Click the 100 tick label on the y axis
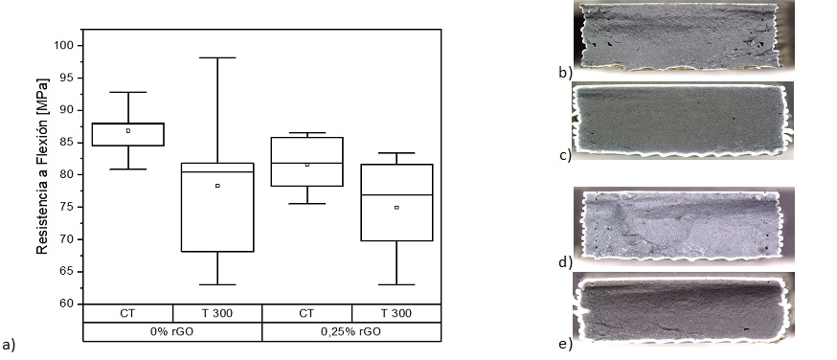(x=63, y=45)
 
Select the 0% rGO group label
(x=171, y=331)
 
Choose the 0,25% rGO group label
(x=351, y=331)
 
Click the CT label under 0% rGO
(x=127, y=313)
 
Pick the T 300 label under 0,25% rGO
(x=396, y=313)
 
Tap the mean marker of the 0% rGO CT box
(x=128, y=130)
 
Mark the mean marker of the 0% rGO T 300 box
(x=217, y=186)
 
